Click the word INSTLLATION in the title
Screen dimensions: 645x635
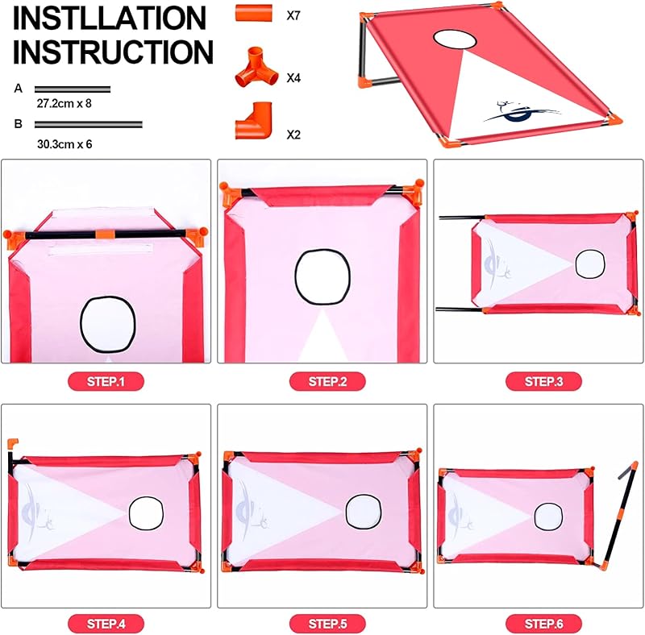pyautogui.click(x=110, y=18)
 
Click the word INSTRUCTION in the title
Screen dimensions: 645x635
pyautogui.click(x=113, y=52)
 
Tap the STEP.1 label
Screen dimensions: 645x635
pyautogui.click(x=106, y=381)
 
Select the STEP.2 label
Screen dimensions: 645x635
pyautogui.click(x=327, y=381)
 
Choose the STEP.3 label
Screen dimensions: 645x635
pyautogui.click(x=543, y=381)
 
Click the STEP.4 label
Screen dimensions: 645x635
pyautogui.click(x=106, y=624)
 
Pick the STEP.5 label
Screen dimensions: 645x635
pyautogui.click(x=327, y=624)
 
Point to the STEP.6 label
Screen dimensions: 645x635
pyautogui.click(x=543, y=624)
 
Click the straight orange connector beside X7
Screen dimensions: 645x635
pyautogui.click(x=254, y=13)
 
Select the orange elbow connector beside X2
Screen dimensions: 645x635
pyautogui.click(x=254, y=121)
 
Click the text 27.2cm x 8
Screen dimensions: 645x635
pyautogui.click(x=64, y=104)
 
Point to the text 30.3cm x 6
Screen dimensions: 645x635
pyautogui.click(x=64, y=144)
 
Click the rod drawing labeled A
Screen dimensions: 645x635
pyautogui.click(x=73, y=89)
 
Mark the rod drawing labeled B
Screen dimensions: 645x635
pyautogui.click(x=89, y=124)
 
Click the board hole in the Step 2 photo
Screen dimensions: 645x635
pyautogui.click(x=323, y=276)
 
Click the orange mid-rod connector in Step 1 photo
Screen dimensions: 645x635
pyautogui.click(x=105, y=234)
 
